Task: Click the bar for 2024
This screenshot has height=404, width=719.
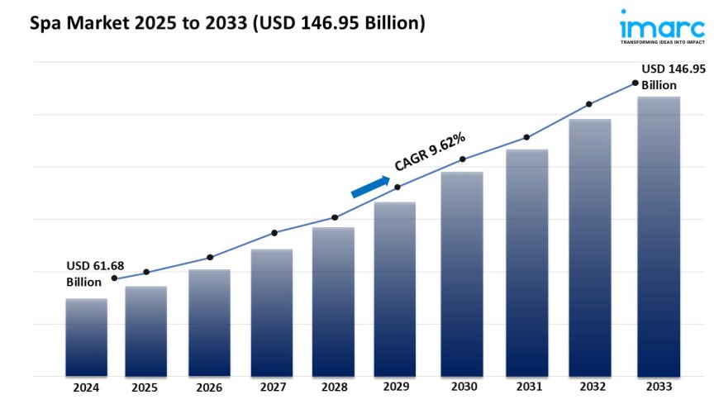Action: [x=87, y=337]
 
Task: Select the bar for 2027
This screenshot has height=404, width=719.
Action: [x=272, y=312]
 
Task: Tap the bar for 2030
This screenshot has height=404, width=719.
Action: [x=461, y=273]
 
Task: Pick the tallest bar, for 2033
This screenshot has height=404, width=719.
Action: [x=659, y=236]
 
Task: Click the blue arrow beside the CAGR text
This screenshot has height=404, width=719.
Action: [x=370, y=187]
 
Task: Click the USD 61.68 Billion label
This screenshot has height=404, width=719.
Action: [x=94, y=273]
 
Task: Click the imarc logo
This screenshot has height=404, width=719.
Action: [x=664, y=24]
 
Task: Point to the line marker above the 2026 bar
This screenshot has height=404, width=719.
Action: [x=210, y=257]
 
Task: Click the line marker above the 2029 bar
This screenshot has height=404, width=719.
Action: [x=398, y=187]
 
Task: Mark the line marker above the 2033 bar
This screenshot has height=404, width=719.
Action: [x=635, y=83]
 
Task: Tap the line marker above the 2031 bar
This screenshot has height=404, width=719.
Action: [x=526, y=137]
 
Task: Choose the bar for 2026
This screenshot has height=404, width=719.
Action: [x=210, y=322]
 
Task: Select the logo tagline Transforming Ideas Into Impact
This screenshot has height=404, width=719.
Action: [x=664, y=40]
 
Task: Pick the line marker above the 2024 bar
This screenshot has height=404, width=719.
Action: [x=114, y=278]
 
